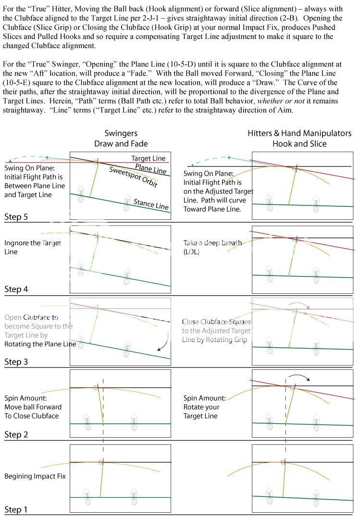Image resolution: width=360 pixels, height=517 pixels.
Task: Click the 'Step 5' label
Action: tap(16, 216)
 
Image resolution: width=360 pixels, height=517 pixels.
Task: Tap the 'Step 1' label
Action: tap(16, 509)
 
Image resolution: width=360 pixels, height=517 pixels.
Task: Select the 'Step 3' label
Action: tap(16, 362)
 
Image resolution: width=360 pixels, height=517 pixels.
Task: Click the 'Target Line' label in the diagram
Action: tap(148, 158)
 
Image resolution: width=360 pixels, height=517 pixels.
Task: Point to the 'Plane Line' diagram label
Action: tap(150, 167)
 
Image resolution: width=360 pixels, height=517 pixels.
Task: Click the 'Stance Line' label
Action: tap(151, 204)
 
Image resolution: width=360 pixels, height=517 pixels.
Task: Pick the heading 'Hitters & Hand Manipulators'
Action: tap(299, 133)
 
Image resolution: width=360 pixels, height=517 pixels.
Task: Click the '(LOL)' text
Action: tap(193, 252)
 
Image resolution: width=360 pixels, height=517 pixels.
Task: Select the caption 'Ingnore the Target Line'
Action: tap(32, 247)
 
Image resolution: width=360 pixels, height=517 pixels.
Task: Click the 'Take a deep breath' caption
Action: tap(212, 243)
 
